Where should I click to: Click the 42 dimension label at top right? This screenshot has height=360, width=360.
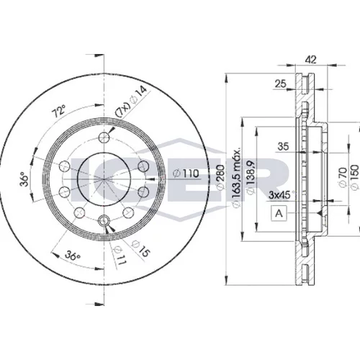pyautogui.click(x=311, y=60)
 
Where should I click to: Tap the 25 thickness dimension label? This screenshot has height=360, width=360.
pyautogui.click(x=280, y=84)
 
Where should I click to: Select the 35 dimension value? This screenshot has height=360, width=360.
pyautogui.click(x=283, y=146)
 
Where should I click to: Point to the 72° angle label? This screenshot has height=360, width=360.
pyautogui.click(x=58, y=111)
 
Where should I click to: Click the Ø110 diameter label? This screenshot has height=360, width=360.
pyautogui.click(x=186, y=174)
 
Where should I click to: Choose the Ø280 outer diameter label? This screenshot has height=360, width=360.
pyautogui.click(x=220, y=177)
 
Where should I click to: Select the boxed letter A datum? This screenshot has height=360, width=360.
pyautogui.click(x=279, y=213)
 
